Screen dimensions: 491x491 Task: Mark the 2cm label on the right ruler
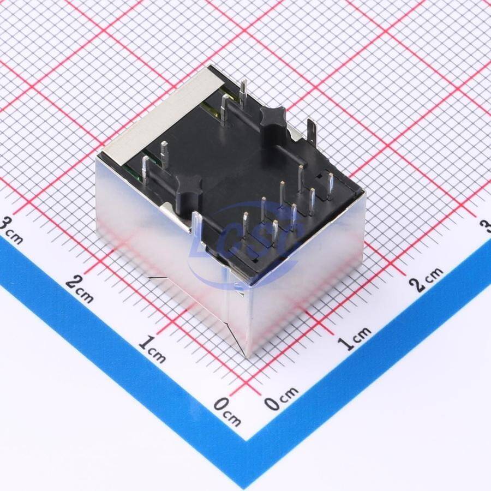point(427,279)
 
